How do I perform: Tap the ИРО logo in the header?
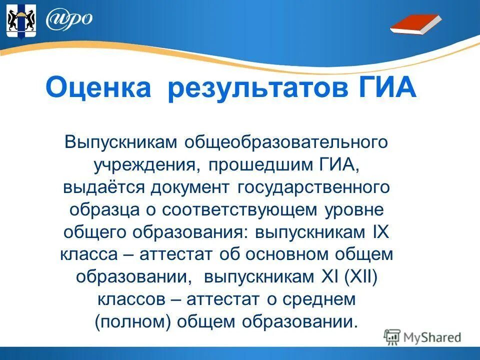tap(69, 19)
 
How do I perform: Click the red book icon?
tap(415, 24)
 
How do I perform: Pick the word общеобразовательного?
tap(287, 142)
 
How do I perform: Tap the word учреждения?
tap(143, 164)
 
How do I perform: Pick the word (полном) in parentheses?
tap(133, 321)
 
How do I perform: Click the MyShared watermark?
tap(422, 337)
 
